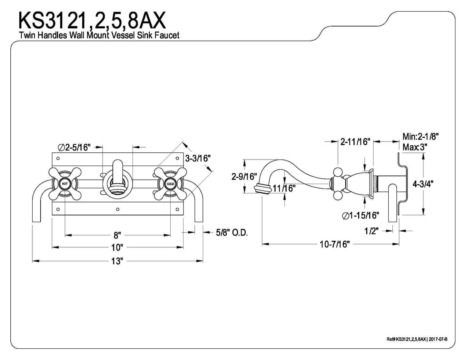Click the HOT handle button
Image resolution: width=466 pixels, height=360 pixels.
tap(65, 183)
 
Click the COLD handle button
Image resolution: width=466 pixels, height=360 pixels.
tap(170, 184)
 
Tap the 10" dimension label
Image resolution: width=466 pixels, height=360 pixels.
tap(117, 248)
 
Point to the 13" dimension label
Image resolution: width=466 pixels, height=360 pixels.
tap(117, 261)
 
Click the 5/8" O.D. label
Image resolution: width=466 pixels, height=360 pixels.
tap(232, 232)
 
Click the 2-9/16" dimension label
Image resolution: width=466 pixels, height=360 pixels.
tap(244, 177)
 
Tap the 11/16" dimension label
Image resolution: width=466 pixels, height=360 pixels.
tap(284, 188)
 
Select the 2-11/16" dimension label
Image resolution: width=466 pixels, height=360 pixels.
tap(355, 141)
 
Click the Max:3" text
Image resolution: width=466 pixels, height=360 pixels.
tap(415, 147)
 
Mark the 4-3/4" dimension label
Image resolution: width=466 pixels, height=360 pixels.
tap(423, 184)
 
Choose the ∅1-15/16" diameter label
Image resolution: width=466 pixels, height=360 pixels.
tap(360, 215)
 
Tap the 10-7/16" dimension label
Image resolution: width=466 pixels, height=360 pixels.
tap(335, 244)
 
